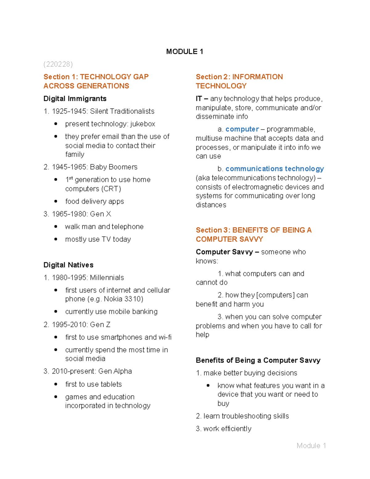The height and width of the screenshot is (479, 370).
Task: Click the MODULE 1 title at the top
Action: click(x=184, y=52)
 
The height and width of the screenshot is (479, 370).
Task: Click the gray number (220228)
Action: click(x=58, y=64)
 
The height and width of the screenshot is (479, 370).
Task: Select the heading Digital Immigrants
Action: click(x=75, y=99)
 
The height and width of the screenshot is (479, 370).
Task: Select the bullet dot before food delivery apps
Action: click(x=56, y=201)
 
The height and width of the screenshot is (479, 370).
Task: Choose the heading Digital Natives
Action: click(x=68, y=265)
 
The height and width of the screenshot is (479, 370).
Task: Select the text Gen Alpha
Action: click(x=115, y=371)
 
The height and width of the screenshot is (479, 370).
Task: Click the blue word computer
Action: click(x=242, y=129)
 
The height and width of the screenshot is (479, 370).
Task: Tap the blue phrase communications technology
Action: click(x=274, y=169)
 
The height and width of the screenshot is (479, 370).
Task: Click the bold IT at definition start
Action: click(x=199, y=99)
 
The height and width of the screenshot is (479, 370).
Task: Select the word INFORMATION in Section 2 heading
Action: click(x=257, y=77)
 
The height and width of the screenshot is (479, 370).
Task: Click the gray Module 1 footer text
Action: click(x=311, y=446)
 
